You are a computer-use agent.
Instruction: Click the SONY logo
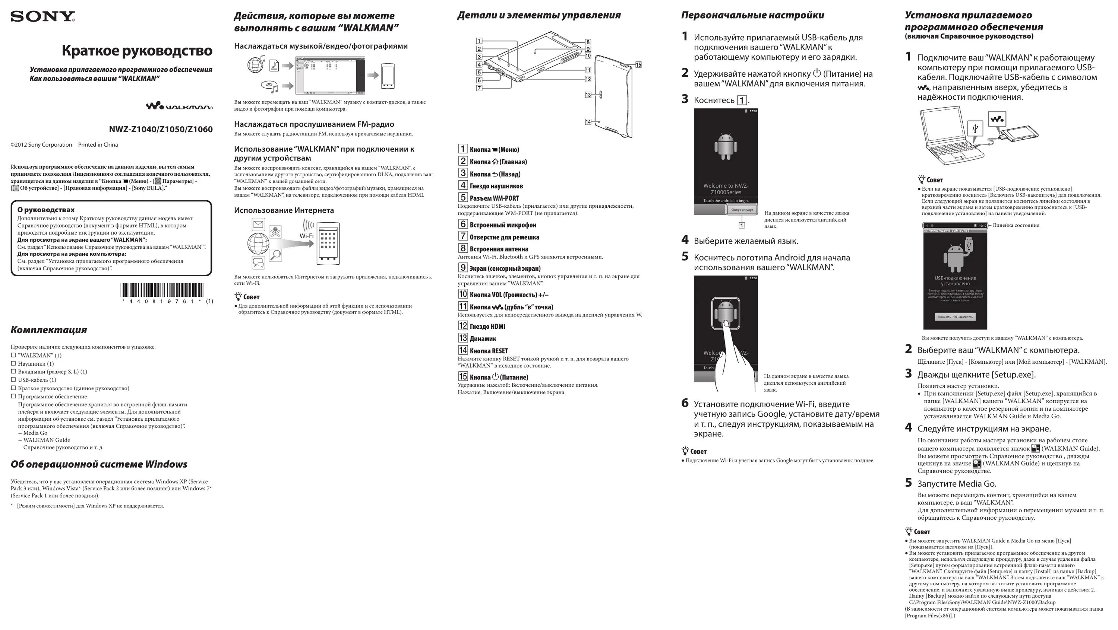pos(42,17)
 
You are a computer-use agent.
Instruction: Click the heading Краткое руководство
pos(137,51)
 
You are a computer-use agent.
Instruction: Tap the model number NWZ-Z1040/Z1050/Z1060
pos(161,129)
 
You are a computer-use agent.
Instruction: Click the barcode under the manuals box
pos(161,290)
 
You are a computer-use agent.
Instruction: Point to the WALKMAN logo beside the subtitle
pos(179,106)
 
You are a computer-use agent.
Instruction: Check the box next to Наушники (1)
pos(13,363)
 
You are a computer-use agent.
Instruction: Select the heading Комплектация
pos(48,330)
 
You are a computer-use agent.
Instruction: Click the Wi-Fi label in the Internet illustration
pos(306,236)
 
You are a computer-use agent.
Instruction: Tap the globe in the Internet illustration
pos(258,244)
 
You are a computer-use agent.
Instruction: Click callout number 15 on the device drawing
pos(638,65)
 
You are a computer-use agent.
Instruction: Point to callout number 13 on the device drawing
pos(588,95)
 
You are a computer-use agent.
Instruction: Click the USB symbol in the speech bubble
pos(975,128)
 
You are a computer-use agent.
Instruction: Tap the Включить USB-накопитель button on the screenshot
pos(955,317)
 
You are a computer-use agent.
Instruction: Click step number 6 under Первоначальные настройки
pos(685,403)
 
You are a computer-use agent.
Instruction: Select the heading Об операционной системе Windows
pos(99,464)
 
